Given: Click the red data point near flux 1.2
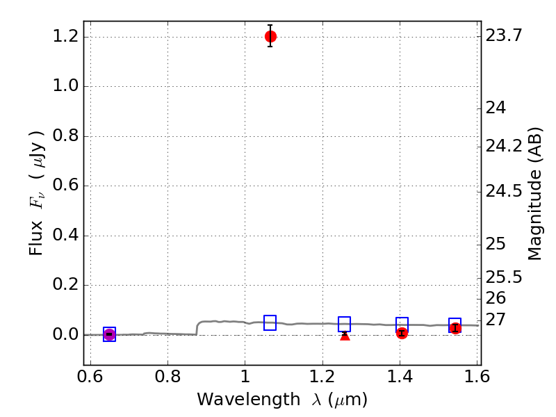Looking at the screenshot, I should click(270, 36).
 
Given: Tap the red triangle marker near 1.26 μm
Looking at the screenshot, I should click(345, 335).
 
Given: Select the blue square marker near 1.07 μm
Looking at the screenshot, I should click(270, 322).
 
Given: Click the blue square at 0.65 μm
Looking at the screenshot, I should click(109, 334).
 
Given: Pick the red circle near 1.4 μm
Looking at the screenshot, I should click(402, 333).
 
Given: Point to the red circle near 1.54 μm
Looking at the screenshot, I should click(455, 328).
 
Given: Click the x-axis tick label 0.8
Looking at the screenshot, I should click(167, 376).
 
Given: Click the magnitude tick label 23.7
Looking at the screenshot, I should click(504, 36).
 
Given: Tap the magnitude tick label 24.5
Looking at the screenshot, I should click(504, 190).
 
